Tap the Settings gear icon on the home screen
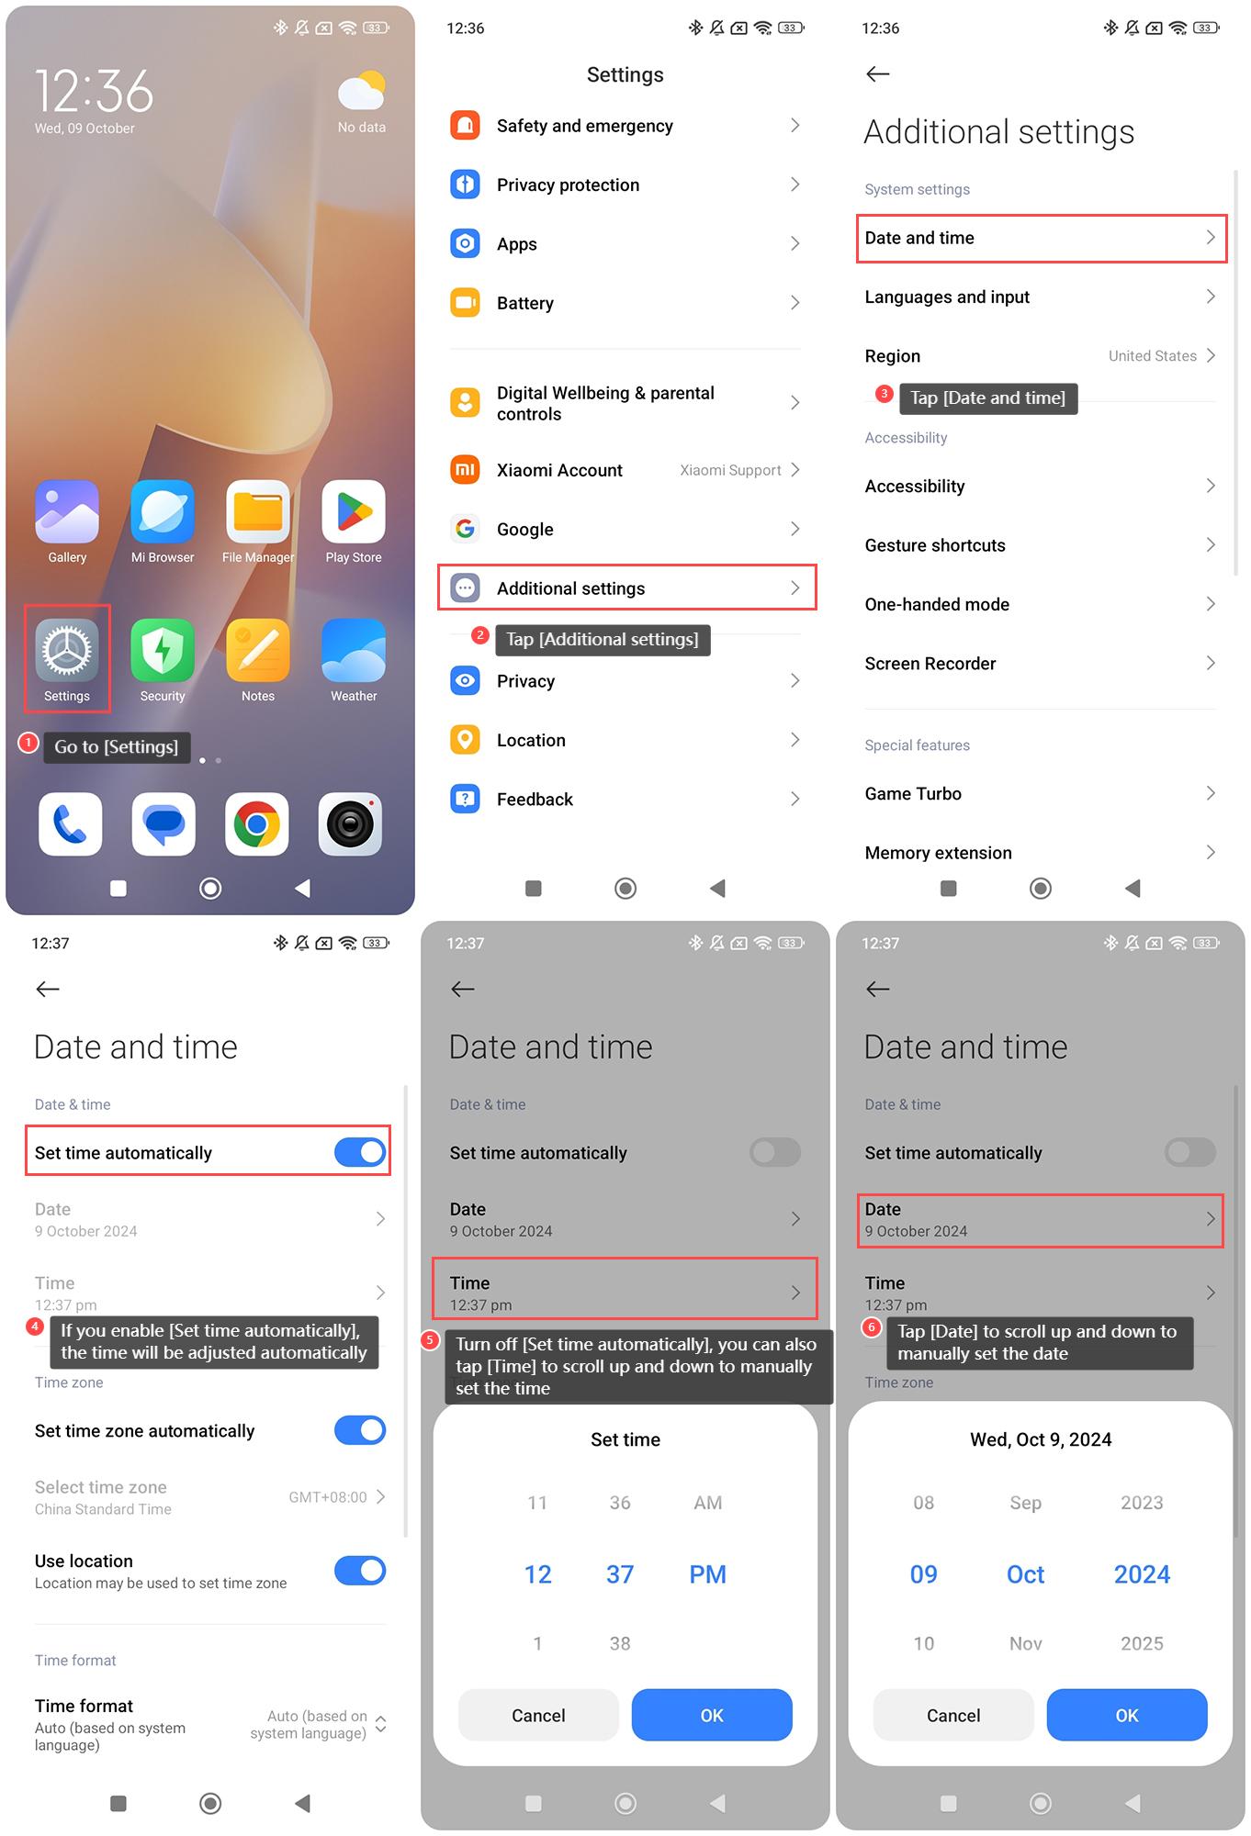[x=67, y=650]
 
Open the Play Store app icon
[x=354, y=511]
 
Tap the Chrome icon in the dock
[x=257, y=824]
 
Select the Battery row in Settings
[x=625, y=303]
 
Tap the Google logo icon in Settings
[x=466, y=529]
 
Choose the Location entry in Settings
[x=625, y=740]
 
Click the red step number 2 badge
[x=479, y=634]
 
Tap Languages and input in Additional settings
[x=1041, y=297]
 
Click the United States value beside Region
[x=1152, y=356]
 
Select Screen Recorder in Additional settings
[x=1041, y=663]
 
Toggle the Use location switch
[x=360, y=1571]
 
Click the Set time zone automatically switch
[x=360, y=1430]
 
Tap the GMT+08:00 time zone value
[x=328, y=1497]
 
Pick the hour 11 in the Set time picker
[x=537, y=1503]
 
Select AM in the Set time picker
[x=708, y=1503]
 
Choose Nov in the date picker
[x=1026, y=1643]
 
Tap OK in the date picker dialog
[x=1127, y=1715]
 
